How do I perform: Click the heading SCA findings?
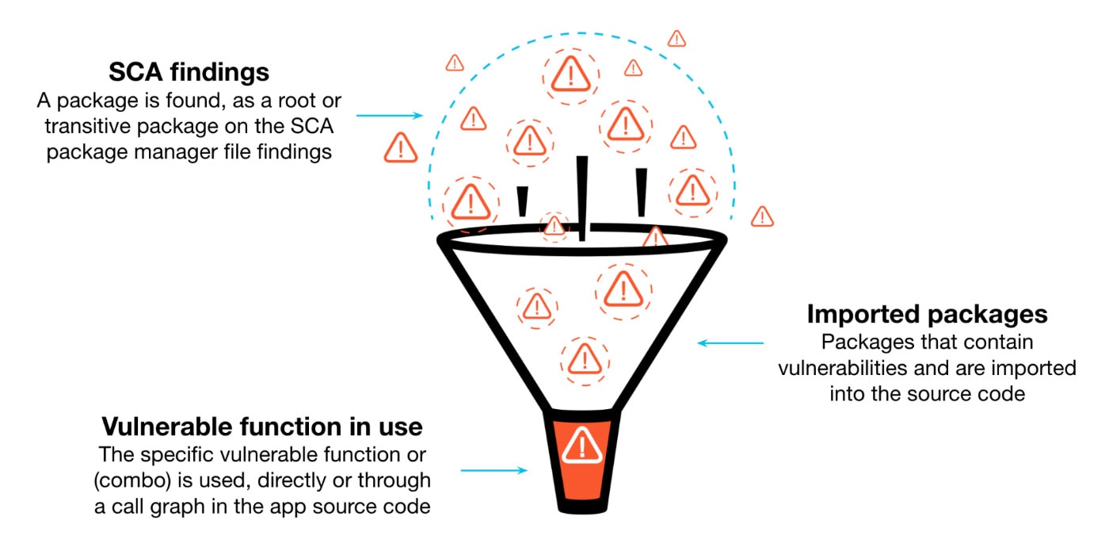click(x=189, y=73)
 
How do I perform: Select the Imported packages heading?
click(x=927, y=314)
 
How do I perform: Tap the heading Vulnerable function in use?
click(x=261, y=427)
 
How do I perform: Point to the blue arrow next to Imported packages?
click(x=730, y=343)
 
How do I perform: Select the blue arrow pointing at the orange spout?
click(x=493, y=470)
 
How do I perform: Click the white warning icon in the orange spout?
click(x=582, y=445)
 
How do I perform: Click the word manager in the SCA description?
click(x=182, y=152)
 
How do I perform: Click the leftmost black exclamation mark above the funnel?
click(x=521, y=201)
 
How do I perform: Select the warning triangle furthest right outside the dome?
click(x=761, y=216)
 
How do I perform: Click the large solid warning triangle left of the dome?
click(x=400, y=148)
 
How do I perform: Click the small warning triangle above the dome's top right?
click(x=676, y=38)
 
